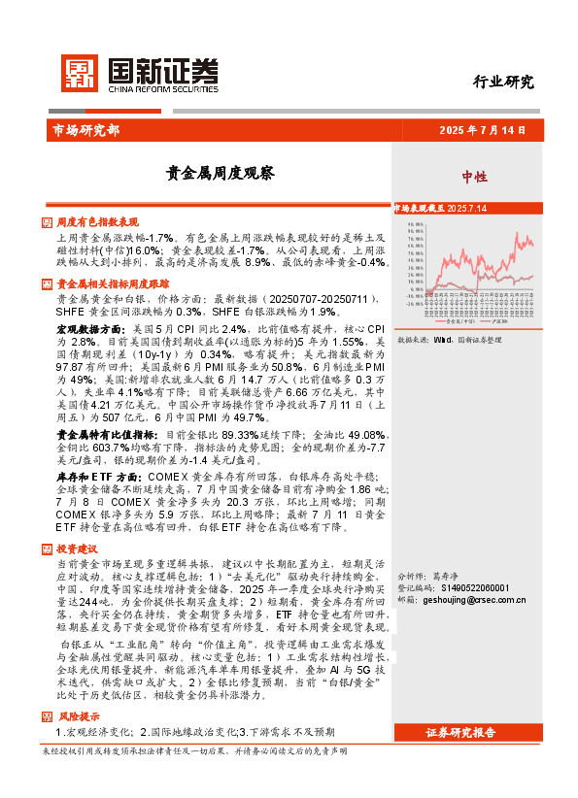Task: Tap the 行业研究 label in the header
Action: [503, 83]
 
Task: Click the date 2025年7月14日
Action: [482, 128]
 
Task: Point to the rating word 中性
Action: [474, 176]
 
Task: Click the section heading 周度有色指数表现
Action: [98, 221]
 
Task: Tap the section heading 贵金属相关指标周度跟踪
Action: [111, 284]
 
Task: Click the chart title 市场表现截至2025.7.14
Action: [439, 209]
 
